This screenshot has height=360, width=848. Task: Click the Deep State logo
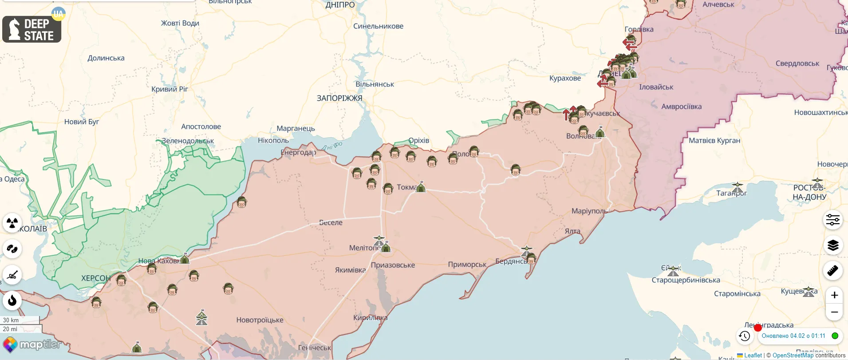click(x=32, y=29)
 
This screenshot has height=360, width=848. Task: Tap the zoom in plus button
click(x=834, y=295)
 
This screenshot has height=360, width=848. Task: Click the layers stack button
click(x=833, y=245)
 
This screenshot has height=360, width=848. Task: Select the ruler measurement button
click(x=833, y=270)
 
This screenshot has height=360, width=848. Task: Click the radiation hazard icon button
click(x=12, y=222)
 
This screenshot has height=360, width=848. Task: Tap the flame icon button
click(x=12, y=301)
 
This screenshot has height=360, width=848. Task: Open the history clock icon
click(x=745, y=336)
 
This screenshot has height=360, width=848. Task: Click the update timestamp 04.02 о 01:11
click(x=793, y=336)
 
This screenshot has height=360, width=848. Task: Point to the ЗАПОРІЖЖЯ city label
click(x=339, y=98)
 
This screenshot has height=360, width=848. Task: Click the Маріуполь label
click(x=589, y=211)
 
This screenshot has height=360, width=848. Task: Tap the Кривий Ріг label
click(x=170, y=89)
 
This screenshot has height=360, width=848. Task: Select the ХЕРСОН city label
click(x=95, y=278)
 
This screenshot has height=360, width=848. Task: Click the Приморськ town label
click(x=467, y=265)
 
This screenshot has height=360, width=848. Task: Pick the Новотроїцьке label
click(x=260, y=320)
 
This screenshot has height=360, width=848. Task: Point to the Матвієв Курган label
click(x=714, y=141)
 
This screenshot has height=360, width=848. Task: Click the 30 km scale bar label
click(x=11, y=320)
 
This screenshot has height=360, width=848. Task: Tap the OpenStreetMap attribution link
click(x=793, y=356)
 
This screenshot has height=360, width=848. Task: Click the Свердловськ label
click(x=797, y=63)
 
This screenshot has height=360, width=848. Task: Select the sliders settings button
click(x=833, y=220)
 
